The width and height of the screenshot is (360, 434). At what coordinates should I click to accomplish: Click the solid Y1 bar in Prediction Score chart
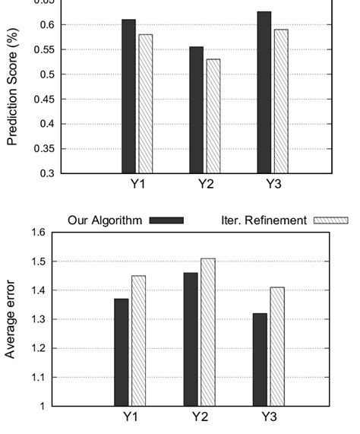[128, 96]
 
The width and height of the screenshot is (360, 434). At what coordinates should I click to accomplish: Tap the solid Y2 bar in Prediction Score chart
[196, 109]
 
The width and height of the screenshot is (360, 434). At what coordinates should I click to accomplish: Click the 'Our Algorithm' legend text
[105, 220]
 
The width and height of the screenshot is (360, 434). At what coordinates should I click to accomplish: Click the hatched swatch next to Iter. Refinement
[330, 220]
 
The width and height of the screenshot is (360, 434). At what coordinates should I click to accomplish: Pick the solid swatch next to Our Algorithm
[166, 220]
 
